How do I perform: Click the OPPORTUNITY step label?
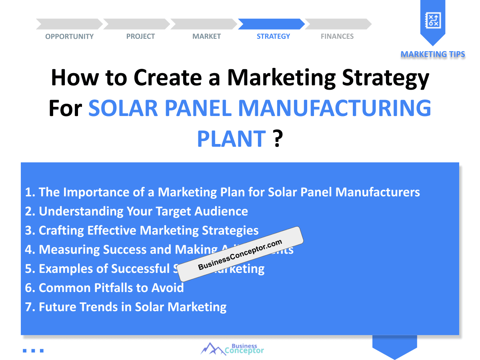pos(69,36)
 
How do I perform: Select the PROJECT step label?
pos(140,36)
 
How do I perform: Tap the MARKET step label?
pos(206,36)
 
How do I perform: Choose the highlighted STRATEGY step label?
pos(273,36)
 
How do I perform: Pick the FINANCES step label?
pos(337,36)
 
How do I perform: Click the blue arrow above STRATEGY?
pos(271,24)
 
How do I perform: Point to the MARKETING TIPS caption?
pos(433,54)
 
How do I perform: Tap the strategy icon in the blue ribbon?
pos(433,20)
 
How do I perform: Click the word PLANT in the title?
pos(231,138)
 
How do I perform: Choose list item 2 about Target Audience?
pos(136,211)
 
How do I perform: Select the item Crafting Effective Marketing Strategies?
pos(142,230)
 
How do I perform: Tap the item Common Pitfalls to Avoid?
pos(104,288)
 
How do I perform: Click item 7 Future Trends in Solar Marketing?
pos(126,307)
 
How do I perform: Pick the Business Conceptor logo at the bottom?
pos(232,348)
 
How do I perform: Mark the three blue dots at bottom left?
pos(33,351)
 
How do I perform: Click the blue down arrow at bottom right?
pos(394,347)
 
